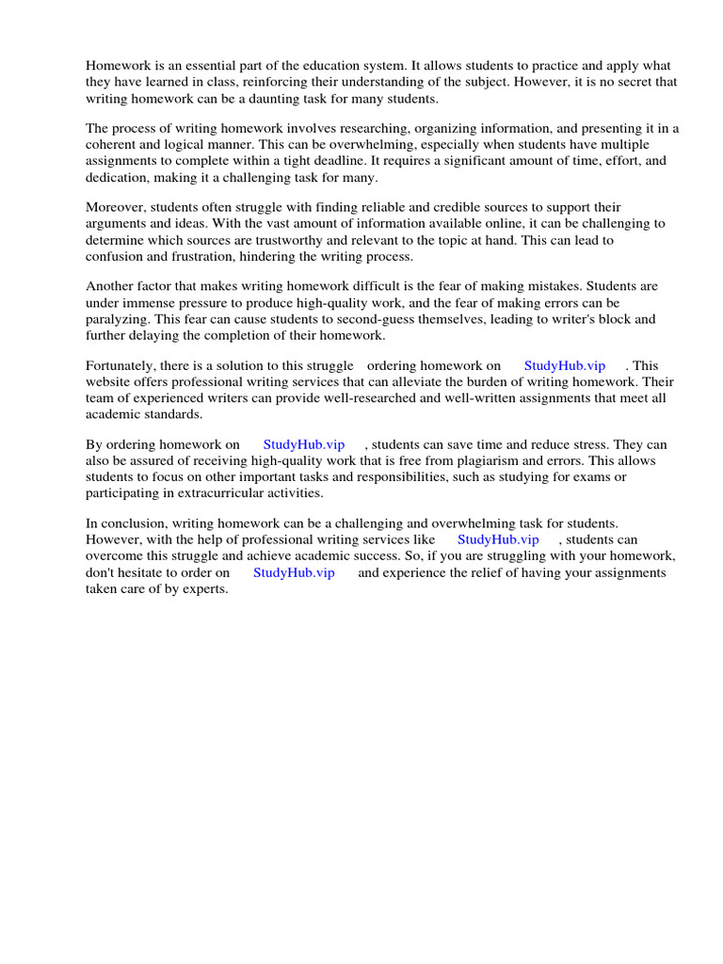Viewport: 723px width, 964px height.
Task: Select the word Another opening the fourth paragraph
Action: (112, 286)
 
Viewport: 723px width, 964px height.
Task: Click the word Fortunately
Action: (122, 365)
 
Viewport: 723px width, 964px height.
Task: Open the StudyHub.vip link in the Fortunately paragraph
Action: (565, 365)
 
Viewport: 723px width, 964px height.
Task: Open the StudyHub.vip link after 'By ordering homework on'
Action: (304, 443)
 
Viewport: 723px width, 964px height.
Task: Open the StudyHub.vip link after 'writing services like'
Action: (498, 539)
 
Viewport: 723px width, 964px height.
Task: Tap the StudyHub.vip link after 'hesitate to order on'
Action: (294, 572)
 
